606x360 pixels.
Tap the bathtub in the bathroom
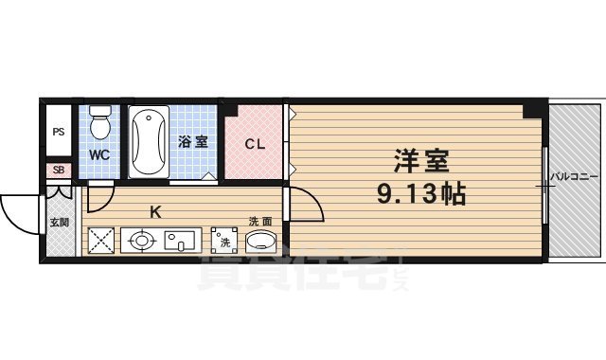click(148, 141)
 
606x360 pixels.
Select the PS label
click(59, 132)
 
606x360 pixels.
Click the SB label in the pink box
click(59, 171)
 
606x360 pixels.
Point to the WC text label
click(99, 153)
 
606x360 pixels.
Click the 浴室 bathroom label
click(193, 142)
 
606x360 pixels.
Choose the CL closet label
click(255, 144)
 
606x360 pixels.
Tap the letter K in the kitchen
click(154, 211)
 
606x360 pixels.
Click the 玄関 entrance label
click(59, 225)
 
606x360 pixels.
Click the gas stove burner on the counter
click(142, 240)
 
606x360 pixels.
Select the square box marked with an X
click(100, 240)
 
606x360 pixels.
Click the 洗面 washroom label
click(260, 221)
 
